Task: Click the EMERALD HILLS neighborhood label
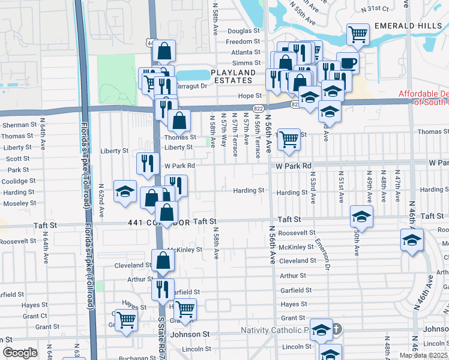(x=408, y=26)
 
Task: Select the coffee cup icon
(x=348, y=62)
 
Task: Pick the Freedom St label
(x=243, y=42)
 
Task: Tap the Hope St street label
(x=250, y=95)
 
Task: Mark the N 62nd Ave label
(x=102, y=200)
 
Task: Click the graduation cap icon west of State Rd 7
(x=125, y=191)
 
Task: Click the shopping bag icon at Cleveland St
(x=163, y=260)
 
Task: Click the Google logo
(x=19, y=353)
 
